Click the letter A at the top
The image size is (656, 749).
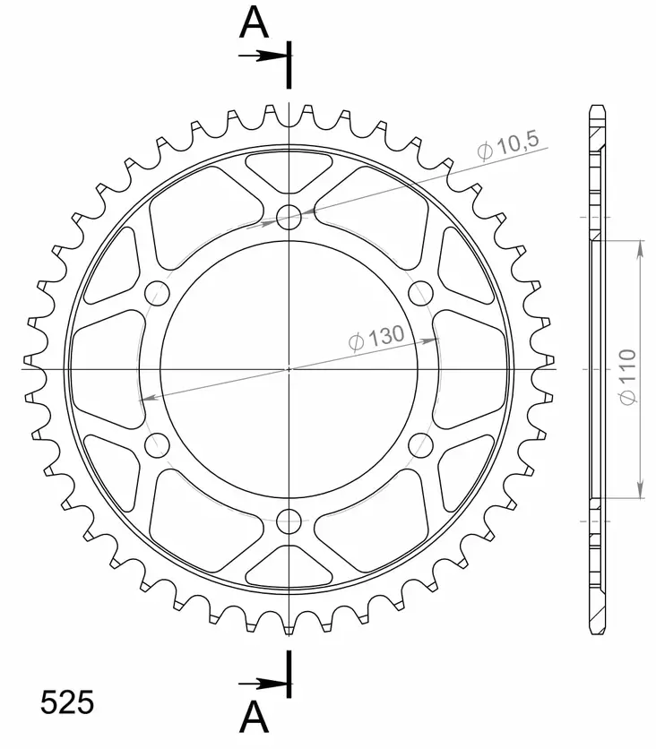[x=254, y=24]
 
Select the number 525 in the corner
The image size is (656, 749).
[x=67, y=702]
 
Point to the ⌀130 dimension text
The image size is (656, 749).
[x=374, y=339]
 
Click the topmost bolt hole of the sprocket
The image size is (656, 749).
[x=289, y=216]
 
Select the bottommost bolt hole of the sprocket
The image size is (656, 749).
[x=289, y=521]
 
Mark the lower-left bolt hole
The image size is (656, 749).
[x=157, y=444]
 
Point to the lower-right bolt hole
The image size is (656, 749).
[x=420, y=444]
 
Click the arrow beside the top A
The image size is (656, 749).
[x=264, y=56]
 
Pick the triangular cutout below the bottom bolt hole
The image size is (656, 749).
[x=289, y=566]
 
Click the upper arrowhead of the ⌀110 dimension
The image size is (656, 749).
[x=639, y=248]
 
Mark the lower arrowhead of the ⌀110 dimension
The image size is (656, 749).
[x=639, y=489]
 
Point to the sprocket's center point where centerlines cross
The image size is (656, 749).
[x=289, y=368]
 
